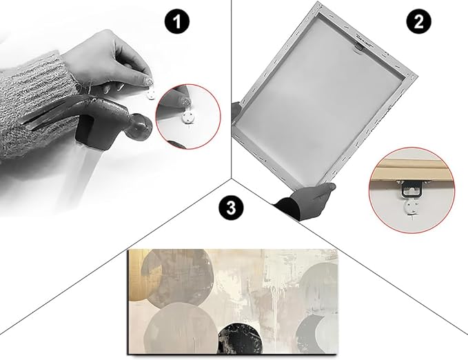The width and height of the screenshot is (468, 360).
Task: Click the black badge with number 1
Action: [x=177, y=22]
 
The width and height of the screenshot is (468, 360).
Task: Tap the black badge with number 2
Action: [x=418, y=22]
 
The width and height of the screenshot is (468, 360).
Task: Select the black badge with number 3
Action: [x=231, y=208]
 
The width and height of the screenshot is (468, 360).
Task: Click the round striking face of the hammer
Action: [x=142, y=127]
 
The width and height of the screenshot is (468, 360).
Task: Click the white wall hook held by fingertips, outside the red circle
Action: [x=150, y=95]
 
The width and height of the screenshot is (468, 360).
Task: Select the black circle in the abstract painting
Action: [x=240, y=339]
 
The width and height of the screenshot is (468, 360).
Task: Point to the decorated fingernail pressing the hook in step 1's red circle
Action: [x=185, y=102]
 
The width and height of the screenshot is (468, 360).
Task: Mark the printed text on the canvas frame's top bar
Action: [x=364, y=40]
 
